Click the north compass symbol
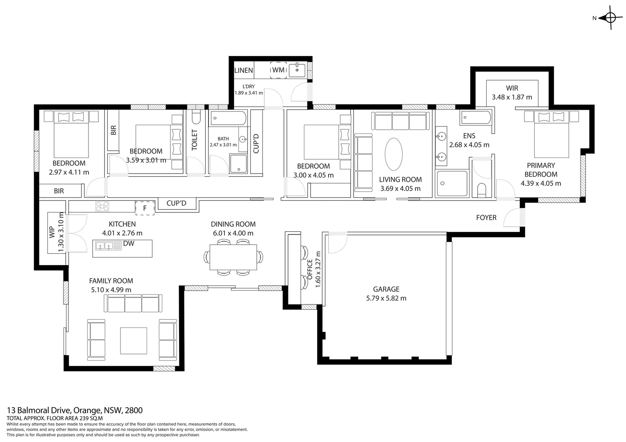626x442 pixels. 611,18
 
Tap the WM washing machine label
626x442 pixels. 278,70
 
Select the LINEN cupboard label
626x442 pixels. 244,70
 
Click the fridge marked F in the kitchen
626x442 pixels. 145,208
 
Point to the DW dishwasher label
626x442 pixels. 129,244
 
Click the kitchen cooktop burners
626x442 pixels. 102,207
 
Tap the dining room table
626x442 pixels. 234,257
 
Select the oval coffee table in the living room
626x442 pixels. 394,154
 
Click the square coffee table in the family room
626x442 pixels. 134,341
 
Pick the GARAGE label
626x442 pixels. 386,289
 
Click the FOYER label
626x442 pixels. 486,217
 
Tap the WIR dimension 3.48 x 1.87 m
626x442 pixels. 512,97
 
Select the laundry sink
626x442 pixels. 297,70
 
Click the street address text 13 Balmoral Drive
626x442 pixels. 40,410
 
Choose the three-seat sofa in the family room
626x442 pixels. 133,303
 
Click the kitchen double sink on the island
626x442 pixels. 109,246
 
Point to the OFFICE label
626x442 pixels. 310,269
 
